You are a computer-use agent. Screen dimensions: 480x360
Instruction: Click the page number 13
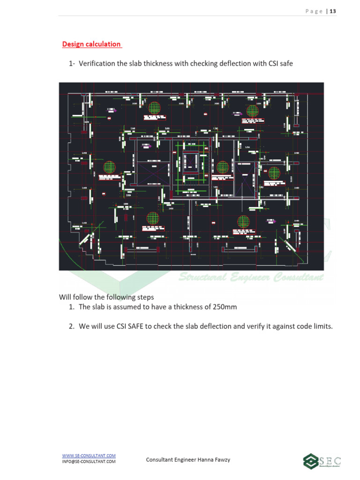coord(333,11)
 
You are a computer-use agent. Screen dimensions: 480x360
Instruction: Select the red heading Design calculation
coord(91,44)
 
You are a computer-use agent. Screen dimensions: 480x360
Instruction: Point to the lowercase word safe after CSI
coord(286,63)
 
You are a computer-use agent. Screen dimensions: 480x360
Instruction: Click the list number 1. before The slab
coord(72,307)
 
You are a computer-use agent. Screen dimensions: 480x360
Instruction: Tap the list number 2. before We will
coord(72,327)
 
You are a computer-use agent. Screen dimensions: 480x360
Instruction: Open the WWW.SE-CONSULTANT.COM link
coord(89,456)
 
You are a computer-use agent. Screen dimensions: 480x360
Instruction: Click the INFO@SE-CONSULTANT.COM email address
coord(89,462)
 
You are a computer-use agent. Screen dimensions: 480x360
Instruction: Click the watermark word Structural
coord(202,277)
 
